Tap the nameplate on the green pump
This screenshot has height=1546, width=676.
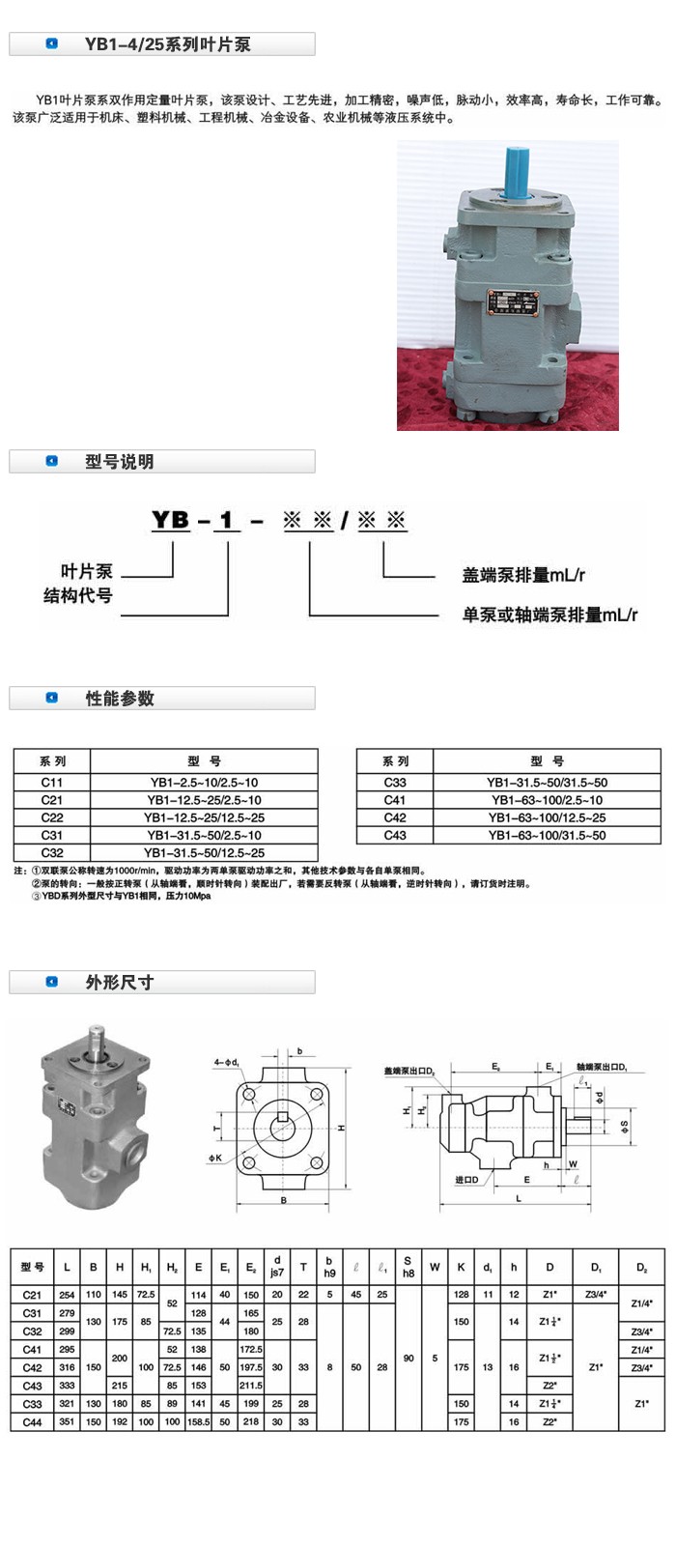(x=513, y=304)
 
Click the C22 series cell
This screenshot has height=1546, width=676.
(x=52, y=817)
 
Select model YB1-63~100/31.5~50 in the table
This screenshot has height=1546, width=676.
(x=547, y=835)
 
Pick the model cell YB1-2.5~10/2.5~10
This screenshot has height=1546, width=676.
(x=204, y=782)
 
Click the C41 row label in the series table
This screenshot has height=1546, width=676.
(x=395, y=800)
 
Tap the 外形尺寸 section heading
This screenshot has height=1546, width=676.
(x=120, y=983)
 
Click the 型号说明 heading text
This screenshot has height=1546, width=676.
(x=120, y=462)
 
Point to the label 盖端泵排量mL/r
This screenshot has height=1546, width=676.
(x=523, y=575)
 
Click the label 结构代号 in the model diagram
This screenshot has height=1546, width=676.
(x=77, y=595)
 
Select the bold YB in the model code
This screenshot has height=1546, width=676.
(x=170, y=520)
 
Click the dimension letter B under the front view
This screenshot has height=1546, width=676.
(x=284, y=1201)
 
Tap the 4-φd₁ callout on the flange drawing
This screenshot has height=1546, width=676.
(x=226, y=1063)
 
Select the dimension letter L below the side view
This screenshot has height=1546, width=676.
(x=519, y=1199)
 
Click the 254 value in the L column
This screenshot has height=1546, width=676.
(x=67, y=1294)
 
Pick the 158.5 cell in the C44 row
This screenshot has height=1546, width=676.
(x=198, y=1422)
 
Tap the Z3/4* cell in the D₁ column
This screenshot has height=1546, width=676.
(x=595, y=1294)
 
